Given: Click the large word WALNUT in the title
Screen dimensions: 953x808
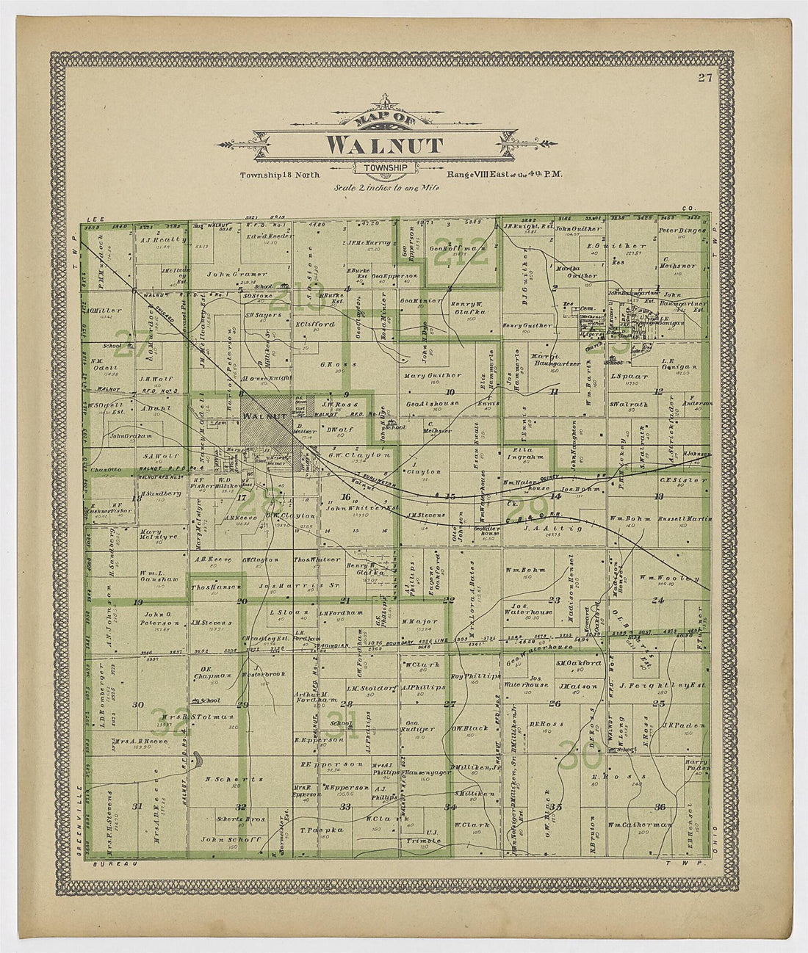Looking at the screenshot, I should [x=384, y=145].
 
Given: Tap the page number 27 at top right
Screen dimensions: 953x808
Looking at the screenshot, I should [x=706, y=78].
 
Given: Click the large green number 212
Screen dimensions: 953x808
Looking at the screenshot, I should [x=461, y=252].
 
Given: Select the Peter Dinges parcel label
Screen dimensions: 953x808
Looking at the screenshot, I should [x=682, y=231].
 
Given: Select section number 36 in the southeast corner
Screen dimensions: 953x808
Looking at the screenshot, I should [x=660, y=808].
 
